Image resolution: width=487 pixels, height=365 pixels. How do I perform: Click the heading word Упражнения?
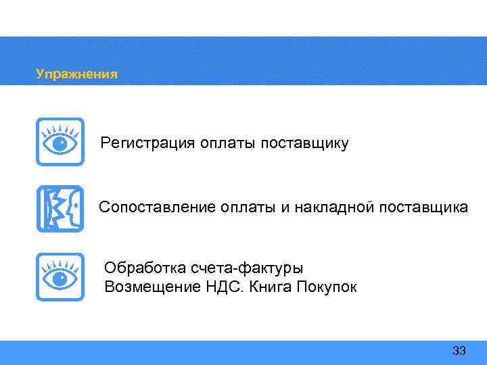pos(76,74)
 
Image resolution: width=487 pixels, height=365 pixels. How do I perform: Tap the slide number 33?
pos(459,351)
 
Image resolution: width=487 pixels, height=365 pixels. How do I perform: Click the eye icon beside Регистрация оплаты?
pos(60,141)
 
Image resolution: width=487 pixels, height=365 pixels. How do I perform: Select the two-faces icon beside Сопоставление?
pos(60,209)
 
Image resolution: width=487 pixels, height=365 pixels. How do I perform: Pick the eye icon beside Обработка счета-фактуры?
pos(60,276)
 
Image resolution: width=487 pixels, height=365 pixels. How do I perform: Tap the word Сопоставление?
pos(157,208)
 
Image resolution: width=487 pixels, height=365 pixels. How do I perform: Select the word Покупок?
pos(327,287)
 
